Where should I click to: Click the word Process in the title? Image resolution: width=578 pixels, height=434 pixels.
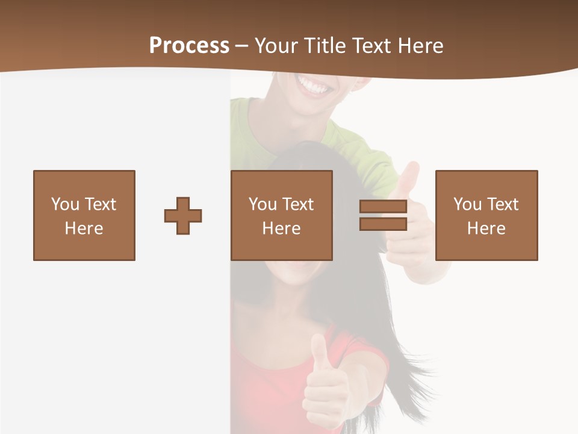pyautogui.click(x=189, y=46)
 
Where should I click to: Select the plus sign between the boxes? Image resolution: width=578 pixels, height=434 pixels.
pyautogui.click(x=183, y=216)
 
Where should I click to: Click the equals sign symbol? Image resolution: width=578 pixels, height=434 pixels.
pyautogui.click(x=383, y=215)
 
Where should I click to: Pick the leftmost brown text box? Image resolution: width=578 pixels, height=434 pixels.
pyautogui.click(x=84, y=215)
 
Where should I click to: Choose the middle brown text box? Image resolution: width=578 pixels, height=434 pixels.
pyautogui.click(x=281, y=215)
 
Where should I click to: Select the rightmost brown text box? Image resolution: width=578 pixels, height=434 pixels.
pyautogui.click(x=486, y=215)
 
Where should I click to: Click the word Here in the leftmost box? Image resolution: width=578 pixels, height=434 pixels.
pyautogui.click(x=84, y=228)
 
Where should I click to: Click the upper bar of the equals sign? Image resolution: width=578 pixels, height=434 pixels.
pyautogui.click(x=383, y=207)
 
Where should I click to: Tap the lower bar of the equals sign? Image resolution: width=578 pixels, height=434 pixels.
pyautogui.click(x=383, y=224)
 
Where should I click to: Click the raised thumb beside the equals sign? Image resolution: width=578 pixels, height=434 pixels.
pyautogui.click(x=409, y=178)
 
